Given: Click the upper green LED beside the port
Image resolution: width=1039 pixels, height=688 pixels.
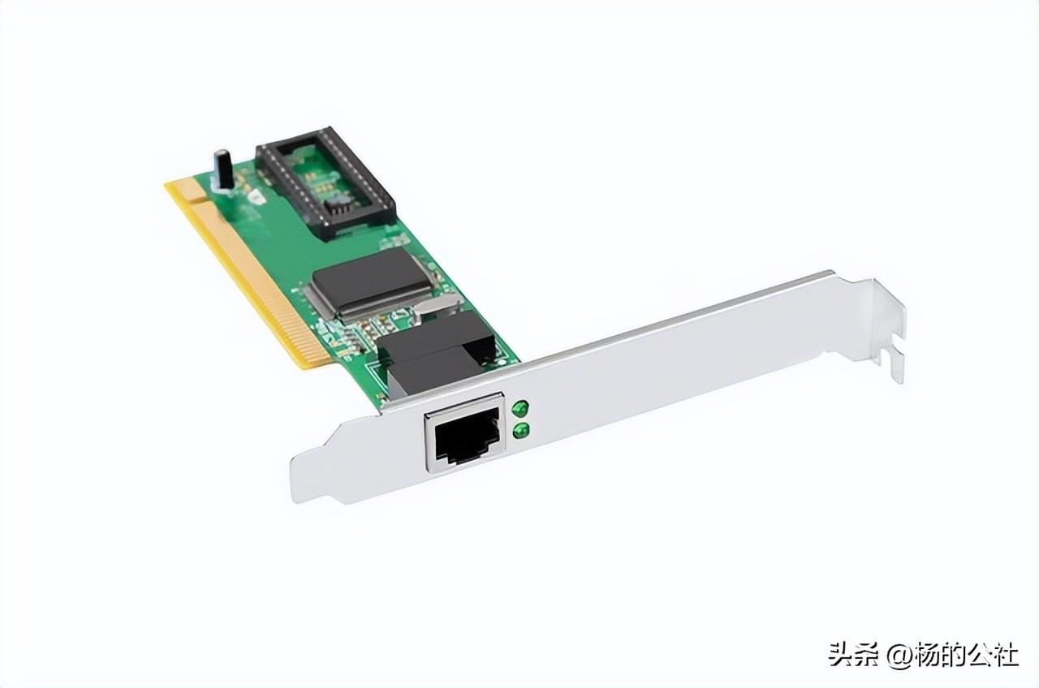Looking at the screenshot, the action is pos(520,408).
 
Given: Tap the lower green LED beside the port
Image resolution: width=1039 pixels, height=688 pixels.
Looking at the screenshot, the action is pos(521,431).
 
